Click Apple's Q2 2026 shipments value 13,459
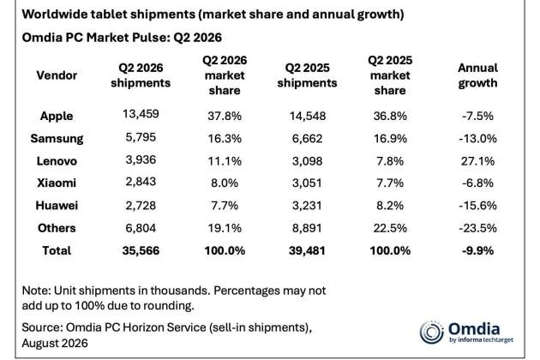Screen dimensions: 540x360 (141, 114)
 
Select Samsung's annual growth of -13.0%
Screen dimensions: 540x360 (477, 139)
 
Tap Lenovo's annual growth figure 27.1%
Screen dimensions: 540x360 (477, 161)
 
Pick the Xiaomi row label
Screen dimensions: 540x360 (57, 183)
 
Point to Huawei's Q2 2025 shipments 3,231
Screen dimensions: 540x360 (307, 206)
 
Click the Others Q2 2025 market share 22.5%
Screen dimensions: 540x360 (390, 228)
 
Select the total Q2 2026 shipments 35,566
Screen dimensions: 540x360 (141, 250)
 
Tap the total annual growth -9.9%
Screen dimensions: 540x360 (477, 250)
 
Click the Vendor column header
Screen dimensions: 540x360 (57, 75)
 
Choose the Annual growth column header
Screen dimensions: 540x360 (477, 75)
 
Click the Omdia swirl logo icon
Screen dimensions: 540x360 (431, 333)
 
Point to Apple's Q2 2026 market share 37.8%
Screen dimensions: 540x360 (225, 116)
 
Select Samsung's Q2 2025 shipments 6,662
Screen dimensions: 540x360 (307, 139)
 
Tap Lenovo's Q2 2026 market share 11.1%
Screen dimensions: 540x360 (225, 161)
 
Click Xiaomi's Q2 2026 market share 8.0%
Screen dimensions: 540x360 (225, 183)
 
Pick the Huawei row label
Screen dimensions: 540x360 (57, 206)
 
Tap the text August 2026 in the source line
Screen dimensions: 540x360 (55, 343)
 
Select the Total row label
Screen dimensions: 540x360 (57, 250)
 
